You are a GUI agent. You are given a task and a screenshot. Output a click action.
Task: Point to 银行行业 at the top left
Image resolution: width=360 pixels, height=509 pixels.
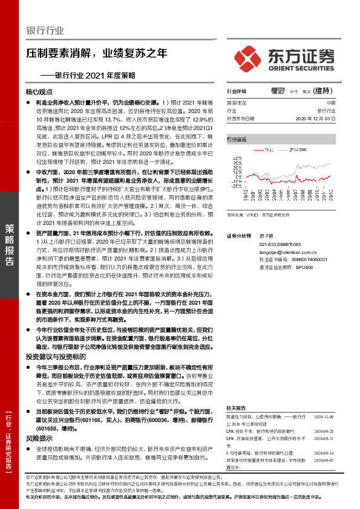pos(45,31)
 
